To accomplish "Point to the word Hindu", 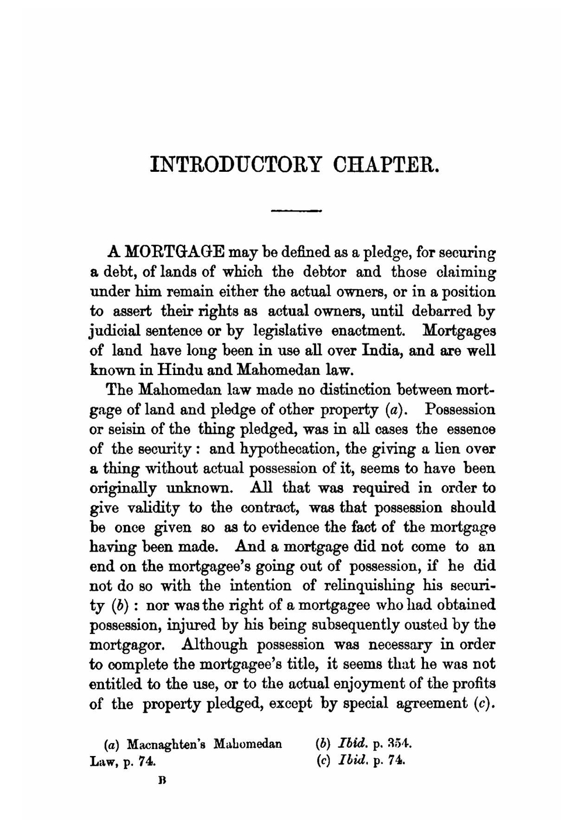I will pos(175,370).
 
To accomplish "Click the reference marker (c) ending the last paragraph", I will pos(483,703).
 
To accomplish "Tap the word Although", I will pos(216,644).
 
